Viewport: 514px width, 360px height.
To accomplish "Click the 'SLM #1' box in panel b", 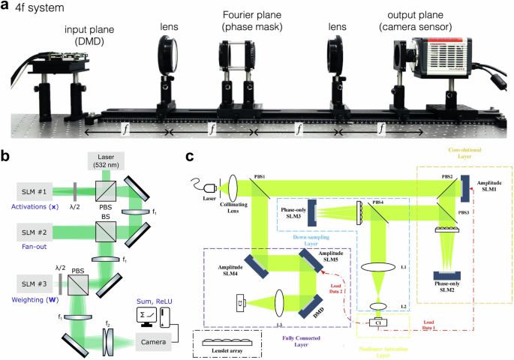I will pyautogui.click(x=34, y=190).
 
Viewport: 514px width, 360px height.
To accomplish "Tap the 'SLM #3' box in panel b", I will pyautogui.click(x=34, y=285).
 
